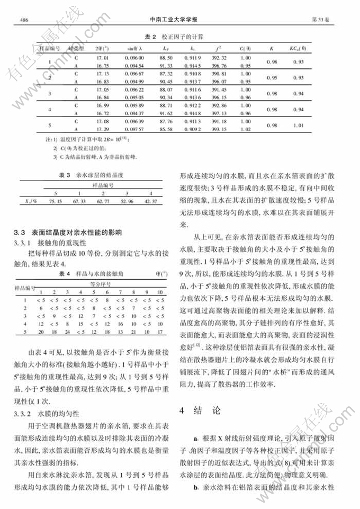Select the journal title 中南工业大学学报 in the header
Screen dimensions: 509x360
(x=179, y=20)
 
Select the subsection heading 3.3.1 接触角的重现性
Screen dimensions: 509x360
(x=46, y=242)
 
